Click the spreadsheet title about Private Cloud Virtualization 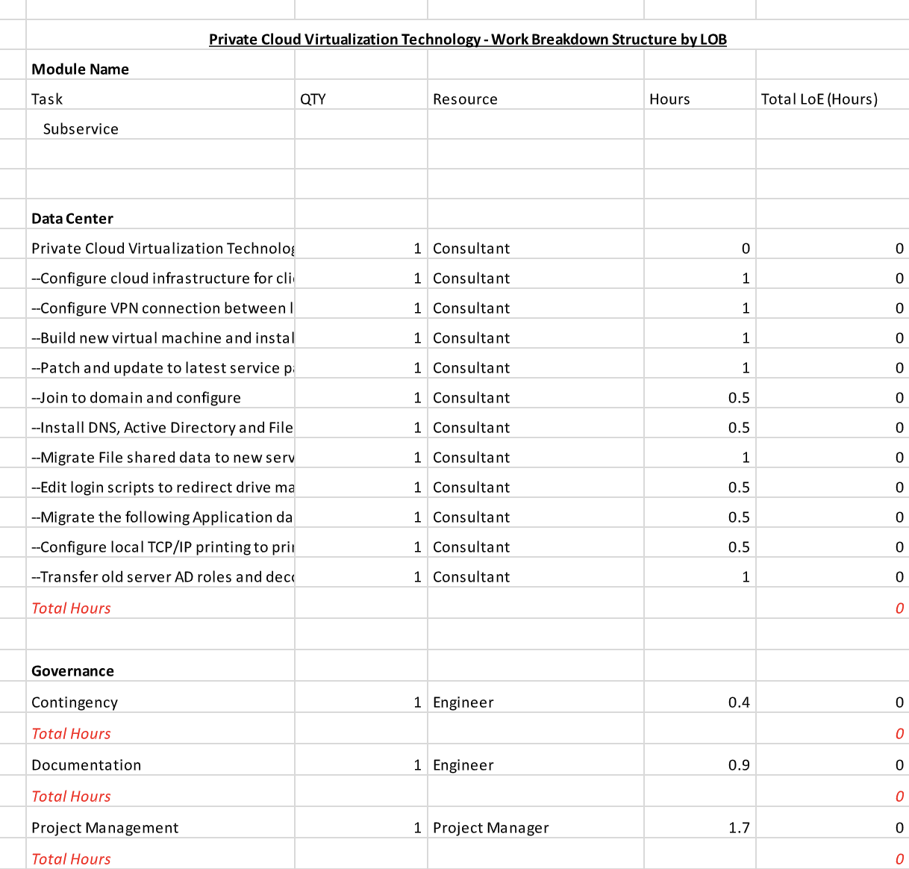point(467,40)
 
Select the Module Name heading point(80,69)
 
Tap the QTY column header point(313,99)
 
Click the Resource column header point(465,99)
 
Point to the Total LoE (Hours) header point(819,99)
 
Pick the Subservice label point(81,129)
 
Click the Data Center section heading point(72,219)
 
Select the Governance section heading point(72,671)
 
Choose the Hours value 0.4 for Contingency point(739,703)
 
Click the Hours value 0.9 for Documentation point(739,765)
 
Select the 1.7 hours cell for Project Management point(739,828)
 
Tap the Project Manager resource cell point(490,828)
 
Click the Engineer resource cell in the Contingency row point(463,703)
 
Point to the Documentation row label point(86,765)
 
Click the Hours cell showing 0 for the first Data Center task point(745,249)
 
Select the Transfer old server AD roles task point(162,577)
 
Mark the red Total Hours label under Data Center point(71,608)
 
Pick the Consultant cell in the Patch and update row point(471,368)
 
